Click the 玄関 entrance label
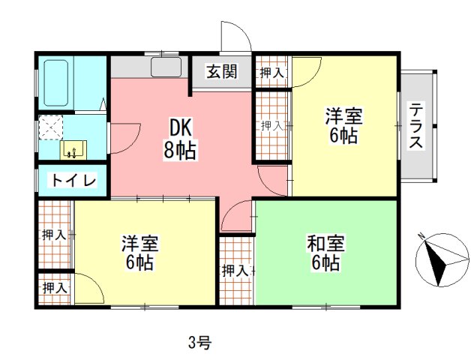(222, 72)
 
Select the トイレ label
(72, 181)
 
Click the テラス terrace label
(416, 126)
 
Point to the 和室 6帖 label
(325, 253)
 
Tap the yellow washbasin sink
(73, 148)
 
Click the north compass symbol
(438, 259)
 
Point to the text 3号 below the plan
(199, 343)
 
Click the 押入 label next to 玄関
(271, 73)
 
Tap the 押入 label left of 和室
(235, 270)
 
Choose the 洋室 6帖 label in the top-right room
(343, 126)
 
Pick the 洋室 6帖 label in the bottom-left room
(139, 253)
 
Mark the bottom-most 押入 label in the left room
(55, 287)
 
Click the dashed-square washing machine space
(52, 128)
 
